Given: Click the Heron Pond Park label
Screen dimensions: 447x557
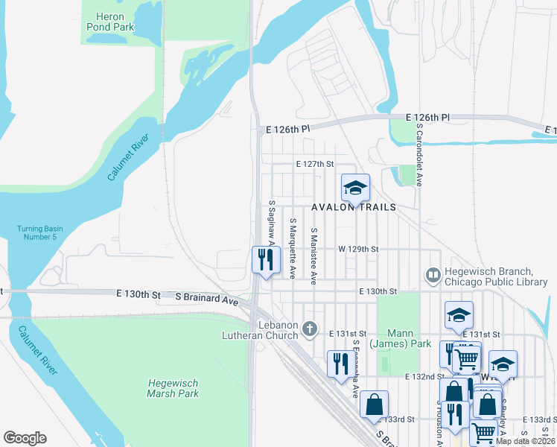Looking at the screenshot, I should (109, 20).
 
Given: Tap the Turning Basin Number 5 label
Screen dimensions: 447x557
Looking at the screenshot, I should (37, 232).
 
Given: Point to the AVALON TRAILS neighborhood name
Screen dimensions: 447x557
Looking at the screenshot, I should (353, 208).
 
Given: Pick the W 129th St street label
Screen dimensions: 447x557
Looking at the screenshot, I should (359, 249).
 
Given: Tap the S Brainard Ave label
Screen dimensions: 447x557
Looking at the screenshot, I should (206, 298).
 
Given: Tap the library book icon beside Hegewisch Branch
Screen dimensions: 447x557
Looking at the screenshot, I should (432, 276).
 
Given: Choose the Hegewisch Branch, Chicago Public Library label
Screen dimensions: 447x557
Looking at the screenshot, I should (495, 276).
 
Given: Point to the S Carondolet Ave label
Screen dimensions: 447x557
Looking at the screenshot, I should (419, 154).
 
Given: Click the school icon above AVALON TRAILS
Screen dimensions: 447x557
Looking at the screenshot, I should (356, 188).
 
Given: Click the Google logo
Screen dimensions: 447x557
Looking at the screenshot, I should (25, 438).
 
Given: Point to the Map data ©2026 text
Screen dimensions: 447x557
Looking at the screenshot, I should (525, 441).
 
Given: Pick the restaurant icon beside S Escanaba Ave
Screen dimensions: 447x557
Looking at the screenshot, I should (338, 364).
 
